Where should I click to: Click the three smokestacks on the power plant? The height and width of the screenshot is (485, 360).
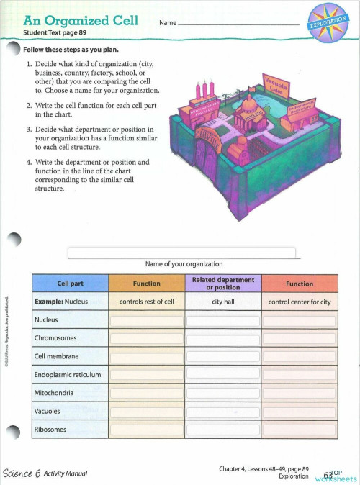tap(204, 91)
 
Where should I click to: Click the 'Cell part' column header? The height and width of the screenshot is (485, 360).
tap(71, 284)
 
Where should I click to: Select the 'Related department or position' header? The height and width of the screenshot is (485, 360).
tap(223, 284)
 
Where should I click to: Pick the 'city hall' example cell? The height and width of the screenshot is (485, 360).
tap(223, 302)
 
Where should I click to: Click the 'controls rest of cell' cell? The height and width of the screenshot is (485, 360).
tap(147, 302)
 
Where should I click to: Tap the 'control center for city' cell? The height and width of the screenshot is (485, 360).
tap(300, 302)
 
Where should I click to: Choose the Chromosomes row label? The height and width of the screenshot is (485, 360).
tap(56, 338)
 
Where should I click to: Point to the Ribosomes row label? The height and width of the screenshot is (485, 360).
tap(50, 430)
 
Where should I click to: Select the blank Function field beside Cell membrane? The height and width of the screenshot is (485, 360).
tap(147, 356)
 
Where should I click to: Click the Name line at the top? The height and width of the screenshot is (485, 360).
tap(238, 23)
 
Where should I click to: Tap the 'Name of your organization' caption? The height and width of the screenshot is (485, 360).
tap(184, 263)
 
